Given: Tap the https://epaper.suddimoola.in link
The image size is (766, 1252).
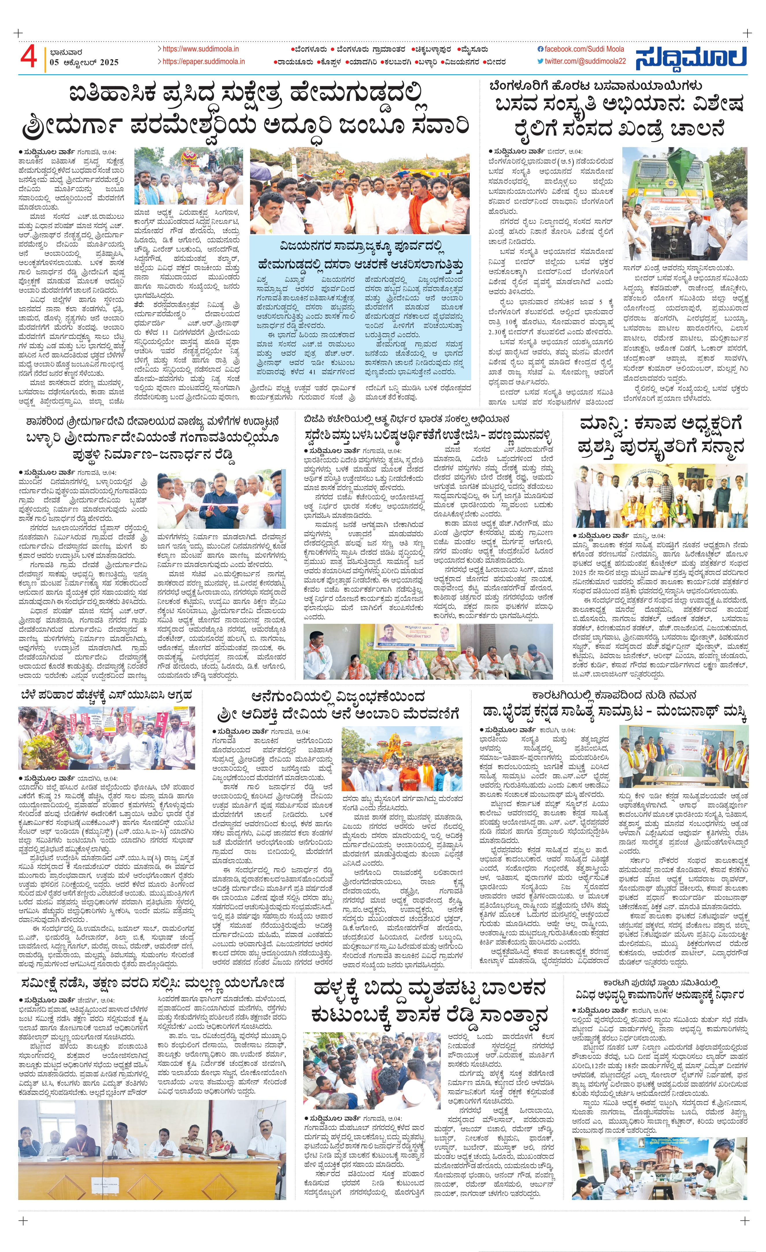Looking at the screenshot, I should click(203, 62).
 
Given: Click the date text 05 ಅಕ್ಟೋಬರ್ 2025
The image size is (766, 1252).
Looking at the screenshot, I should click(84, 62).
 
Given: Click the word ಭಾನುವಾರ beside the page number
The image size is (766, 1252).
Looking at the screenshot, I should click(66, 52).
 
